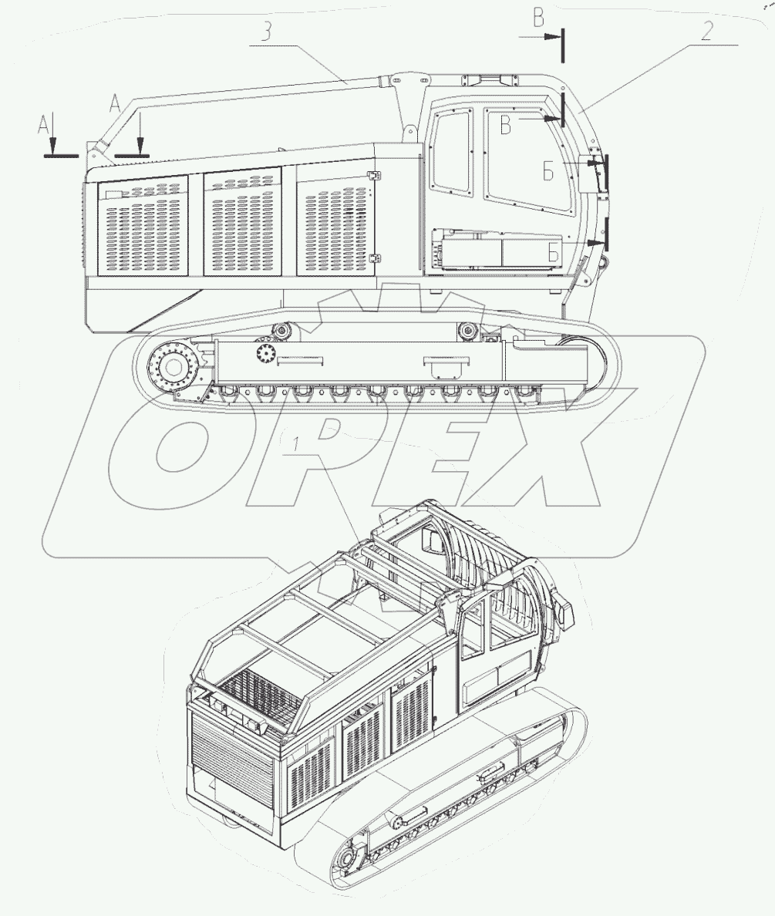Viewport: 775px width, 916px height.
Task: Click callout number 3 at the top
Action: [x=267, y=31]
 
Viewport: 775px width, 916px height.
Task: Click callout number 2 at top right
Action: [x=706, y=31]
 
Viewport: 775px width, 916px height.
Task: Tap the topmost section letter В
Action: [x=538, y=18]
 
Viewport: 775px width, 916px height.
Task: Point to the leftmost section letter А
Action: [x=43, y=124]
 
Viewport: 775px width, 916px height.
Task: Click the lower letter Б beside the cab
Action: [x=553, y=253]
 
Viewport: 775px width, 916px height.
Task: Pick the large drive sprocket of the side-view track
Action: [x=174, y=367]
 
